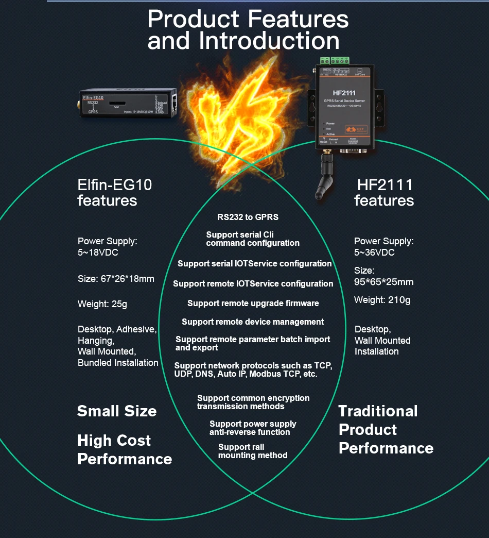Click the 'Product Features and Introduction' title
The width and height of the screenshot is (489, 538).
coord(248,30)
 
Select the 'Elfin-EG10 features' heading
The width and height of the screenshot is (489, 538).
coord(115,192)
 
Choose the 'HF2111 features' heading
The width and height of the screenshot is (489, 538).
coord(385,192)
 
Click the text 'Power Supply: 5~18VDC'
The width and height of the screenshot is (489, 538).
coord(108,247)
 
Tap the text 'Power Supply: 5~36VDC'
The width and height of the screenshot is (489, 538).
coord(384,247)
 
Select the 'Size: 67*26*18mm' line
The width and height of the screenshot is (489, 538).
coord(116,279)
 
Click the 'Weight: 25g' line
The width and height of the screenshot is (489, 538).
coord(102,304)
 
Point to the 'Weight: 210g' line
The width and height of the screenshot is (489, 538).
coord(382,300)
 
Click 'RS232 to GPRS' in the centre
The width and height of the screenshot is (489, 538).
coord(248,217)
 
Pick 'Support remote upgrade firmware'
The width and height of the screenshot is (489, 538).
coord(253,303)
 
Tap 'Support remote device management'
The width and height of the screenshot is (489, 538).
coord(253,322)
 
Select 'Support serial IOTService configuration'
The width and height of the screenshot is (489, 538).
coord(254,263)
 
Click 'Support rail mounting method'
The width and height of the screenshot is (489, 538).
coord(252,451)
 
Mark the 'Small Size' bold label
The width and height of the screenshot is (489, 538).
coord(117,411)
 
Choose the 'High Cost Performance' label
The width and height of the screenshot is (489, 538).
coord(124,449)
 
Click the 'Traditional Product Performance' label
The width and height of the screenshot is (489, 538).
coord(386,429)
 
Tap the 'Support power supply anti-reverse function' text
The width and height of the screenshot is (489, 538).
coord(252,428)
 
